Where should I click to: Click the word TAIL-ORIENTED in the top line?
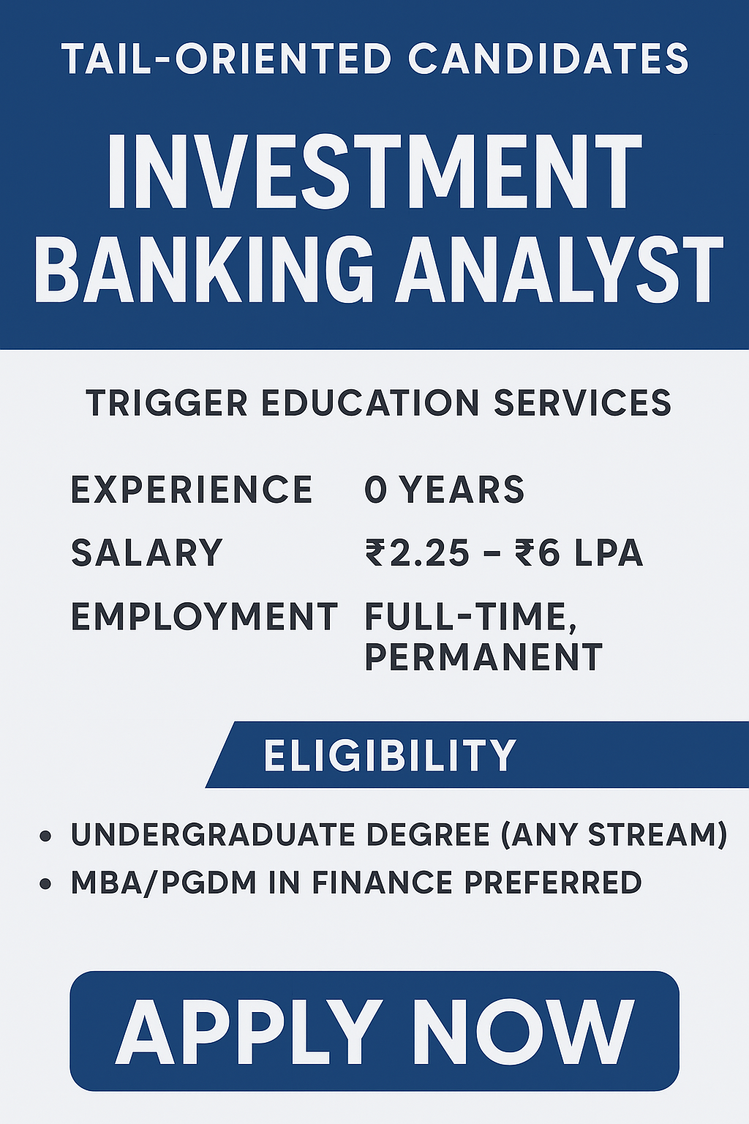(x=226, y=59)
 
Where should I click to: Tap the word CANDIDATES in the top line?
(x=549, y=59)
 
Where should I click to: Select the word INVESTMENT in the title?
(x=374, y=172)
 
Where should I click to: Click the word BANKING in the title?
(x=204, y=269)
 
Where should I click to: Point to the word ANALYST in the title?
(x=560, y=269)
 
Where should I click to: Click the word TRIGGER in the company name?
(x=167, y=403)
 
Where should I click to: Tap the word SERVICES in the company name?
(x=582, y=403)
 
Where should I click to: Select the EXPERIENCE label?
(x=192, y=490)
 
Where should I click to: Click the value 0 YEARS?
(x=445, y=490)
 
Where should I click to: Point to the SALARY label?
(x=146, y=553)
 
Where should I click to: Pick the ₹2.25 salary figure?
(x=418, y=553)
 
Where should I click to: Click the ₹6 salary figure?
(x=537, y=553)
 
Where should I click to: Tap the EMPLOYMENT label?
(x=205, y=617)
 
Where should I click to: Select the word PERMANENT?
(x=483, y=657)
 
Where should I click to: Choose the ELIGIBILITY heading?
(x=390, y=755)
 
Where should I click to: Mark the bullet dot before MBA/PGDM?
(x=45, y=884)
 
